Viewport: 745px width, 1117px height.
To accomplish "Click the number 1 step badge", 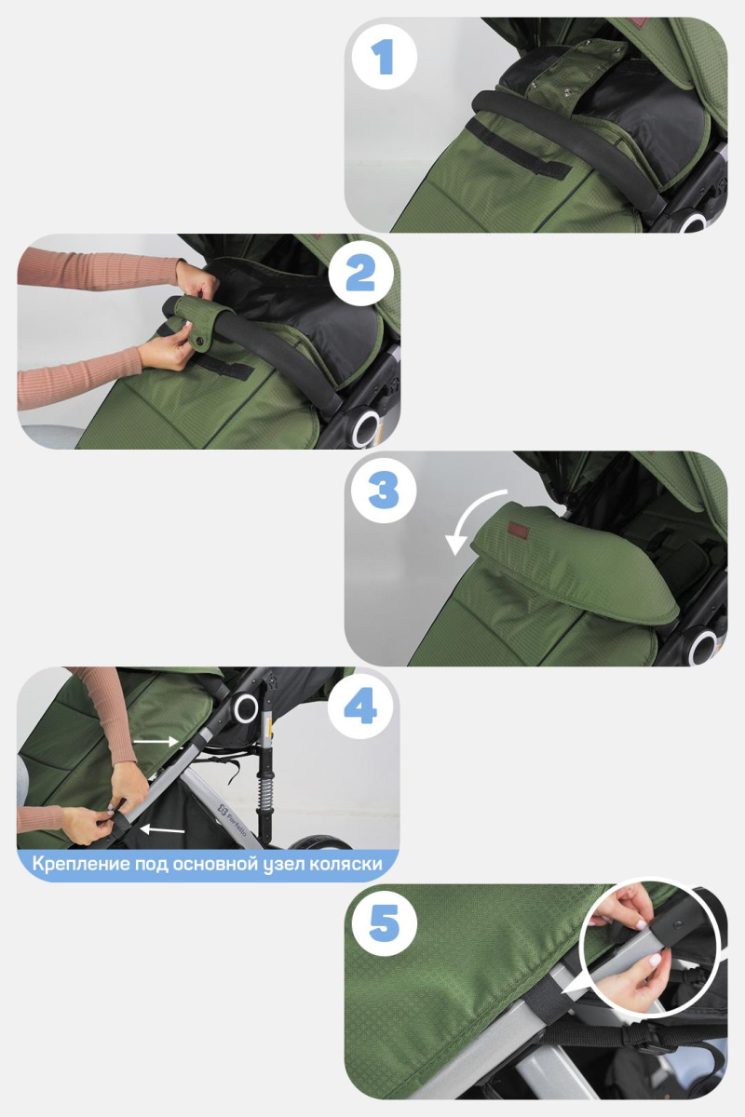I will [x=383, y=56].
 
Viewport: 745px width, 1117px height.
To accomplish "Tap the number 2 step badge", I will [x=360, y=273].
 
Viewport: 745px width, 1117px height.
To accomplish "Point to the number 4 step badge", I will [x=360, y=707].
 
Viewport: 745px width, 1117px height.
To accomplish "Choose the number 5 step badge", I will [x=383, y=923].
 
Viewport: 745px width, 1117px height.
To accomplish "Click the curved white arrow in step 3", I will [x=476, y=517].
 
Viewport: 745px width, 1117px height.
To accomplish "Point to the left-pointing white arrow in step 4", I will [x=162, y=828].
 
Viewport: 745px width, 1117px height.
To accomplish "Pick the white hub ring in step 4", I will [x=246, y=708].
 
